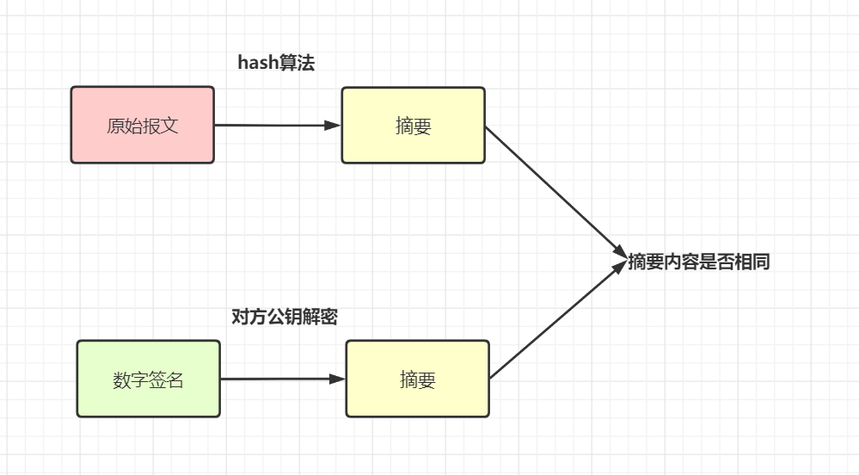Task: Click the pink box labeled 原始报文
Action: click(142, 125)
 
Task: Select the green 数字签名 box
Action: click(148, 379)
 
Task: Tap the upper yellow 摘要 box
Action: click(413, 125)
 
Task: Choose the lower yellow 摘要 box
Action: click(417, 379)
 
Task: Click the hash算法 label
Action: click(276, 64)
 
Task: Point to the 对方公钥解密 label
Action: click(285, 317)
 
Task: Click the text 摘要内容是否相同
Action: click(698, 262)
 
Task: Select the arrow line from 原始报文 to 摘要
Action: click(271, 125)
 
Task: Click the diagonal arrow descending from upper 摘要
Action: click(555, 189)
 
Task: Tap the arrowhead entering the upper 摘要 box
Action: click(333, 125)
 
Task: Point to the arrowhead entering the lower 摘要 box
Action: click(337, 379)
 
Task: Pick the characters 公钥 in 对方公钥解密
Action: click(285, 317)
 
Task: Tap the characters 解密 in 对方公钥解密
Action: click(320, 317)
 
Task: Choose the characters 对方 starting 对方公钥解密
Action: click(249, 317)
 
